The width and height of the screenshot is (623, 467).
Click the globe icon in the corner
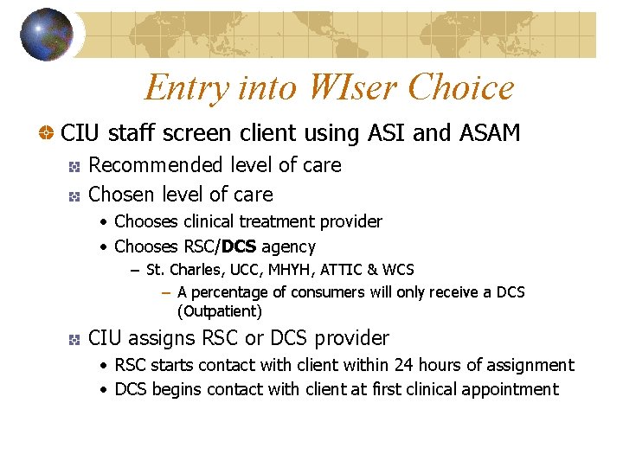(47, 35)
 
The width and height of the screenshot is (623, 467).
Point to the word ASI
(387, 133)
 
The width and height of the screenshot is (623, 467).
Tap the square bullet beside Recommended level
(76, 166)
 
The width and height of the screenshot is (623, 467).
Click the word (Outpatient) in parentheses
(219, 311)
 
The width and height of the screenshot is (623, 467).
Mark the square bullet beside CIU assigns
(76, 339)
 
